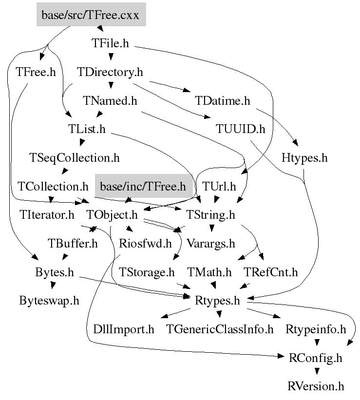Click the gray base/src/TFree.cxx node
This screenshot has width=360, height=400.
pos(91,15)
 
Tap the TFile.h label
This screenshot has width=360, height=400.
pos(110,43)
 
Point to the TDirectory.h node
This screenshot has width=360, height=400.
pos(110,72)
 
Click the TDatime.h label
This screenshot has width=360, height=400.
pos(222,101)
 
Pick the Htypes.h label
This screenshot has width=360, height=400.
pos(304,158)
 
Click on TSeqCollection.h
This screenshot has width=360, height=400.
pos(75,158)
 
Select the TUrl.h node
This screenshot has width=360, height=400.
pos(218,186)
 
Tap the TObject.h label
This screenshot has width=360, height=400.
pos(112,214)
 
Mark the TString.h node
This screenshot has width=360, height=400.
pos(210,214)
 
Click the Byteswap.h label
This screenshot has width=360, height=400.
pos(49,300)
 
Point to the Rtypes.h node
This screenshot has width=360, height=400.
pos(217,300)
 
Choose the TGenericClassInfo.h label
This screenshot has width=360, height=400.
pos(220,329)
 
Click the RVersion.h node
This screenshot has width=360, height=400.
pos(316,386)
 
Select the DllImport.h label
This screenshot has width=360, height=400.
pos(123,329)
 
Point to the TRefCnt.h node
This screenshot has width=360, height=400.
pos(271,272)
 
